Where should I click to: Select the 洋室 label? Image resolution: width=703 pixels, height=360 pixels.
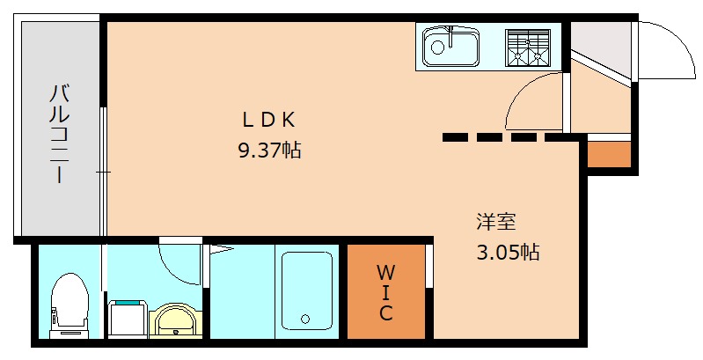pyautogui.click(x=496, y=222)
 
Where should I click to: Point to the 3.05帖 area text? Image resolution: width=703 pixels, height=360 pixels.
pyautogui.click(x=508, y=253)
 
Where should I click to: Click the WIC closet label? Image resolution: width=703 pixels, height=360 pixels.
pyautogui.click(x=385, y=290)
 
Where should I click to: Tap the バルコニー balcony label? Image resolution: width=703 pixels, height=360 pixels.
pyautogui.click(x=59, y=133)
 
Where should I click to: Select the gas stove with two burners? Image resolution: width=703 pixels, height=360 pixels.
pyautogui.click(x=527, y=47)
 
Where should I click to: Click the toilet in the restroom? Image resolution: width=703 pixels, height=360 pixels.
pyautogui.click(x=69, y=304)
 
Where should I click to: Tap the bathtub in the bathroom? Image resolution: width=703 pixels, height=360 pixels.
pyautogui.click(x=306, y=290)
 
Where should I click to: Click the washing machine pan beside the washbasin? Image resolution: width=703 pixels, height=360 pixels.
pyautogui.click(x=128, y=317)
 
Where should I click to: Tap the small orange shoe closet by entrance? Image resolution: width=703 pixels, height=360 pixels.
pyautogui.click(x=609, y=155)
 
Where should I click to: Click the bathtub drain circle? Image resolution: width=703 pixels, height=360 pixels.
pyautogui.click(x=305, y=319)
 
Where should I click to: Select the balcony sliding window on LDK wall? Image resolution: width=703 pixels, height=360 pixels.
pyautogui.click(x=104, y=172)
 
